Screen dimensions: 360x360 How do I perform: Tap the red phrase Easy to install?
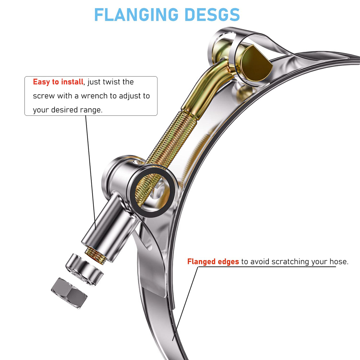58,82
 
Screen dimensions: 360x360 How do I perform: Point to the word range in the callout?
91,110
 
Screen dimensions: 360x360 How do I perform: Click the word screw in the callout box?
44,96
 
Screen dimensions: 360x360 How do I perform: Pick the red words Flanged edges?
213,261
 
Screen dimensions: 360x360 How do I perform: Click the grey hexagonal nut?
69,293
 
